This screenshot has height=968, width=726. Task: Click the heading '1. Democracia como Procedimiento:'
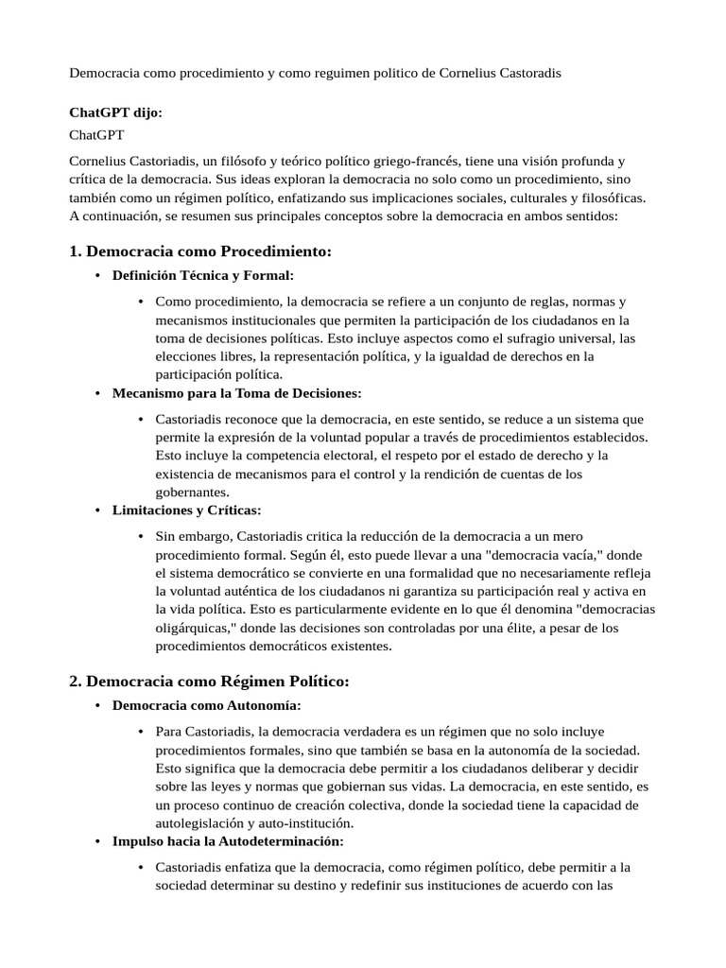point(200,251)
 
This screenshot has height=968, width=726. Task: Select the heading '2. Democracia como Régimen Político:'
point(209,682)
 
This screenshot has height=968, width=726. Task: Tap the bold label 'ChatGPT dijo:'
point(116,112)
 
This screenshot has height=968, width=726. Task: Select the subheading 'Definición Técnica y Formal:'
point(203,276)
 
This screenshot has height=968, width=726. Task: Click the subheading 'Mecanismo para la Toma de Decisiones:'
point(236,392)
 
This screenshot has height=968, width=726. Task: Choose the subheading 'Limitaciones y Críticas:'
point(186,510)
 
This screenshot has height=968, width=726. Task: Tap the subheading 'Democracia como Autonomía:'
point(207,705)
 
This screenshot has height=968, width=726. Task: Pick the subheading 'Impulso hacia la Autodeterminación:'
point(228,840)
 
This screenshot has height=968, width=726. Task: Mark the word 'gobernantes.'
point(193,493)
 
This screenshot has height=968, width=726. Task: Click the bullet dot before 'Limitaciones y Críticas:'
point(97,511)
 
